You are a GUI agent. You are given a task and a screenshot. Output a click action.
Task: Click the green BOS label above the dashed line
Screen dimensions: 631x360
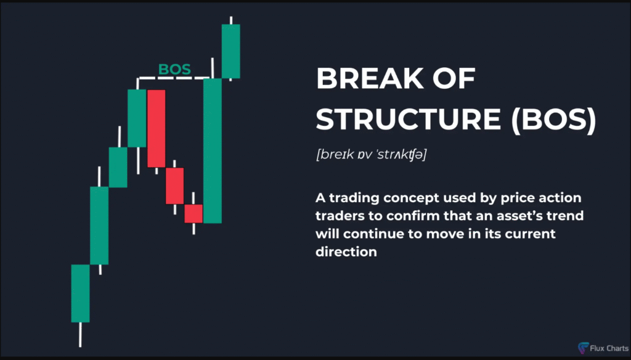(x=174, y=69)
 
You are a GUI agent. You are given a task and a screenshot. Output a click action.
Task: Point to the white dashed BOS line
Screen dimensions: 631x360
(x=174, y=78)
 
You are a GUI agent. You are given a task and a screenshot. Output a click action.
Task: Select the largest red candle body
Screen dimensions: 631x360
(x=156, y=128)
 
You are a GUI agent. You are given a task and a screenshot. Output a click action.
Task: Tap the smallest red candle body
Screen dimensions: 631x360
(x=193, y=214)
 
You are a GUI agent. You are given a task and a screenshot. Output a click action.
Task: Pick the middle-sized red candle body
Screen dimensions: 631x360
(x=174, y=186)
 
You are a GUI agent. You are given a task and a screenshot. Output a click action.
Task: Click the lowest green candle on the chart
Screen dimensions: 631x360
(x=81, y=293)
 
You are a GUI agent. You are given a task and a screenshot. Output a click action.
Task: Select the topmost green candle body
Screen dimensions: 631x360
(x=231, y=51)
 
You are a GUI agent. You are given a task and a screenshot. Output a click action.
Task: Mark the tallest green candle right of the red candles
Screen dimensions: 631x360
(x=213, y=151)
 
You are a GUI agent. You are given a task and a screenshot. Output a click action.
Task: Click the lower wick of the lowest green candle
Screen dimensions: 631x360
(x=81, y=335)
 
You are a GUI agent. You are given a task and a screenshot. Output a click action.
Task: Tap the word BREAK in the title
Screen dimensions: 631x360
(x=370, y=78)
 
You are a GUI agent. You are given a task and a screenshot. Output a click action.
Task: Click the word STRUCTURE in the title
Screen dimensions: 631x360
(x=408, y=119)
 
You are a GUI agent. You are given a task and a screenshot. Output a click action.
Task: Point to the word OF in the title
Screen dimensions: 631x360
(x=454, y=78)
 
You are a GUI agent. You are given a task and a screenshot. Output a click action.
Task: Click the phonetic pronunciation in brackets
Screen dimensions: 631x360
(x=372, y=154)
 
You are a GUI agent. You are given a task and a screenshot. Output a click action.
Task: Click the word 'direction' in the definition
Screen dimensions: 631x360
(x=346, y=252)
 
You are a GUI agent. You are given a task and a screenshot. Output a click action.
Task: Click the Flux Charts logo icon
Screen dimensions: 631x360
(x=583, y=348)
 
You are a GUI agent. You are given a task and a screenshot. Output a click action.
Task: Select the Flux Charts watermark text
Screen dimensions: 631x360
(x=609, y=348)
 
